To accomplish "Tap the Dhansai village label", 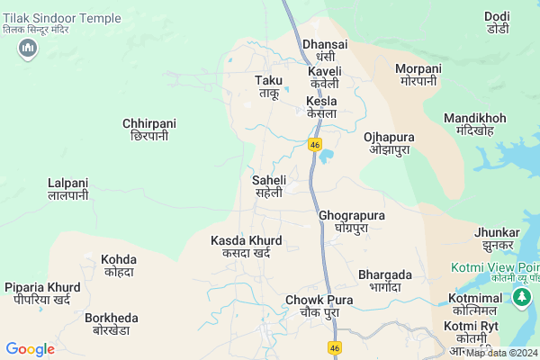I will point(324,49).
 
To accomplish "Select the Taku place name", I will point(269,86).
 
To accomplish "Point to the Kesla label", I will point(321,107).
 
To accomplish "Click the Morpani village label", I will point(418,75).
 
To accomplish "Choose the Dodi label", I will point(497,22).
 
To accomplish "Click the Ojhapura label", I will point(389,143).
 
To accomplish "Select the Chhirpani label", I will point(149,129).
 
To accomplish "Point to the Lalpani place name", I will point(67,188).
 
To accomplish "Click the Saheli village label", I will point(268,186).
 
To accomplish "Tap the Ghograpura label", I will point(352,221).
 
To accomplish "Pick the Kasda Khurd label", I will point(246,247).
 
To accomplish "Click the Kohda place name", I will point(118,265).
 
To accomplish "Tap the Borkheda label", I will point(112,324).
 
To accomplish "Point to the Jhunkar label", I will point(498,238).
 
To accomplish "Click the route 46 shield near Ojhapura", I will point(315,144).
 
